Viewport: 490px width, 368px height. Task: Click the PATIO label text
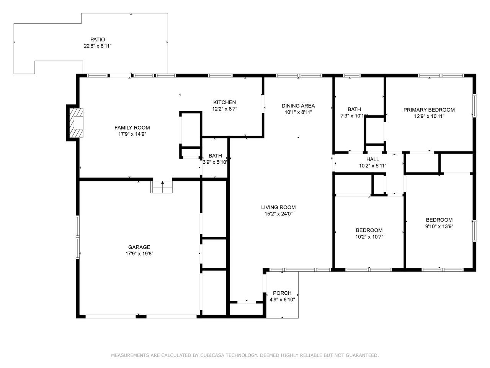tap(98, 39)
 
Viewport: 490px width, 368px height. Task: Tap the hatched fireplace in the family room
tap(76, 123)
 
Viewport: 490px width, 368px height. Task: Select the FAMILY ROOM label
tap(132, 128)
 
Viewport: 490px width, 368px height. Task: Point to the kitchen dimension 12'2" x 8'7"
tap(225, 109)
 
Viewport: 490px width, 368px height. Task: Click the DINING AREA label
tap(298, 106)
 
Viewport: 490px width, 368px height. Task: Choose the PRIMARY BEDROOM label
tap(429, 110)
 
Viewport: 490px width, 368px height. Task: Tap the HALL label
tap(372, 159)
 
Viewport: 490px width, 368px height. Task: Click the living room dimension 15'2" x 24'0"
tap(278, 214)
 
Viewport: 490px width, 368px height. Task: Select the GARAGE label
tap(139, 247)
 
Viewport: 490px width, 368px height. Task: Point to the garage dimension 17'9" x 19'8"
tap(139, 254)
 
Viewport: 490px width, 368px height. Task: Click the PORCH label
tap(282, 293)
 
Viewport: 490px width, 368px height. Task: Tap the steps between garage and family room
tap(163, 187)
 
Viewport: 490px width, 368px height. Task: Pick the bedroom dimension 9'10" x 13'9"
tap(439, 226)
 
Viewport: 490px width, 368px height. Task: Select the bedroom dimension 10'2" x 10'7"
tap(369, 237)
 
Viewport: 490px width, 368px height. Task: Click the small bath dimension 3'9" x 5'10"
tap(215, 162)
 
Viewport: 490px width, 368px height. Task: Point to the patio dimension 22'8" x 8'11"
tap(98, 46)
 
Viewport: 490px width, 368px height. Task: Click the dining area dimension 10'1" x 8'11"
tap(298, 112)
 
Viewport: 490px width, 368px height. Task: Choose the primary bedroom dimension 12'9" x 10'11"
tap(429, 116)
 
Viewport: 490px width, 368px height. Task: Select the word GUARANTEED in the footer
tap(362, 355)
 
